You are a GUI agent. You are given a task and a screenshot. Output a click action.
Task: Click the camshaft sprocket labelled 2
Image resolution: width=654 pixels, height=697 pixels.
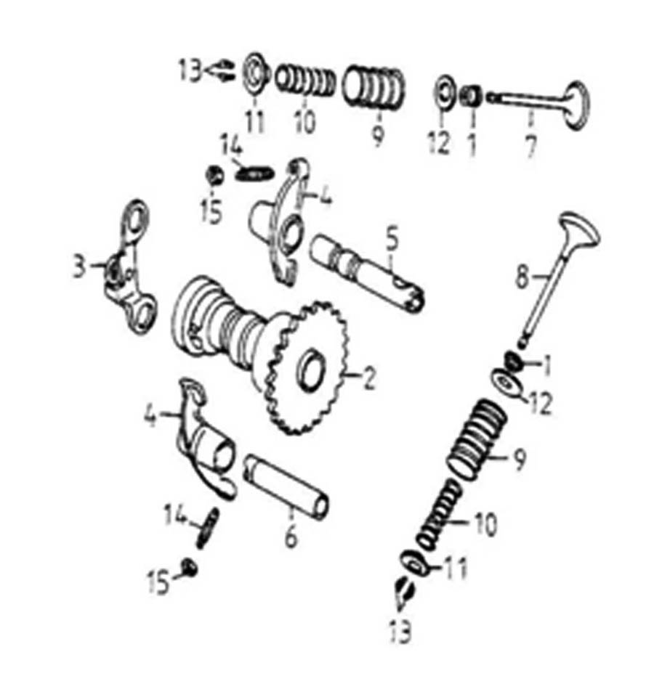pyautogui.click(x=307, y=368)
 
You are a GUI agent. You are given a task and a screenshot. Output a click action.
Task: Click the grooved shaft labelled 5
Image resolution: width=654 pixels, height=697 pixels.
pyautogui.click(x=366, y=273)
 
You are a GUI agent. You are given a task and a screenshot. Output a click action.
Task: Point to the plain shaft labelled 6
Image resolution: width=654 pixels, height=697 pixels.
pyautogui.click(x=286, y=487)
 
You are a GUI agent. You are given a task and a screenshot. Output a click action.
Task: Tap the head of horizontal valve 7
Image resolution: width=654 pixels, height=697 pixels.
pyautogui.click(x=576, y=106)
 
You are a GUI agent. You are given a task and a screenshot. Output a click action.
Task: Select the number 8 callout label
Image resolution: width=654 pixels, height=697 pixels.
pyautogui.click(x=522, y=277)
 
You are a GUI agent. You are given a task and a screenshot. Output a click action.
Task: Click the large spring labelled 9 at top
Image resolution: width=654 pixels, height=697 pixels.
pyautogui.click(x=374, y=86)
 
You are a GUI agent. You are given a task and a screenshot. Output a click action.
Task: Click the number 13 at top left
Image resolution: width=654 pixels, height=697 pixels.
pyautogui.click(x=190, y=70)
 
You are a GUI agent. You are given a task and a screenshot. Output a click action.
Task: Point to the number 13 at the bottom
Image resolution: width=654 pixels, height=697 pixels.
pyautogui.click(x=400, y=631)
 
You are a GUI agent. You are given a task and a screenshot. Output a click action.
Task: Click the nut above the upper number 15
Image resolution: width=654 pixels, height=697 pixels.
pyautogui.click(x=215, y=175)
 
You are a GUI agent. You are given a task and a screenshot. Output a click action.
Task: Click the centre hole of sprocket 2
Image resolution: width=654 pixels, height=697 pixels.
pyautogui.click(x=312, y=371)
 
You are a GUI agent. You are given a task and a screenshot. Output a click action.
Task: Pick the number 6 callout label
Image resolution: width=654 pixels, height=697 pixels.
pyautogui.click(x=290, y=537)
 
